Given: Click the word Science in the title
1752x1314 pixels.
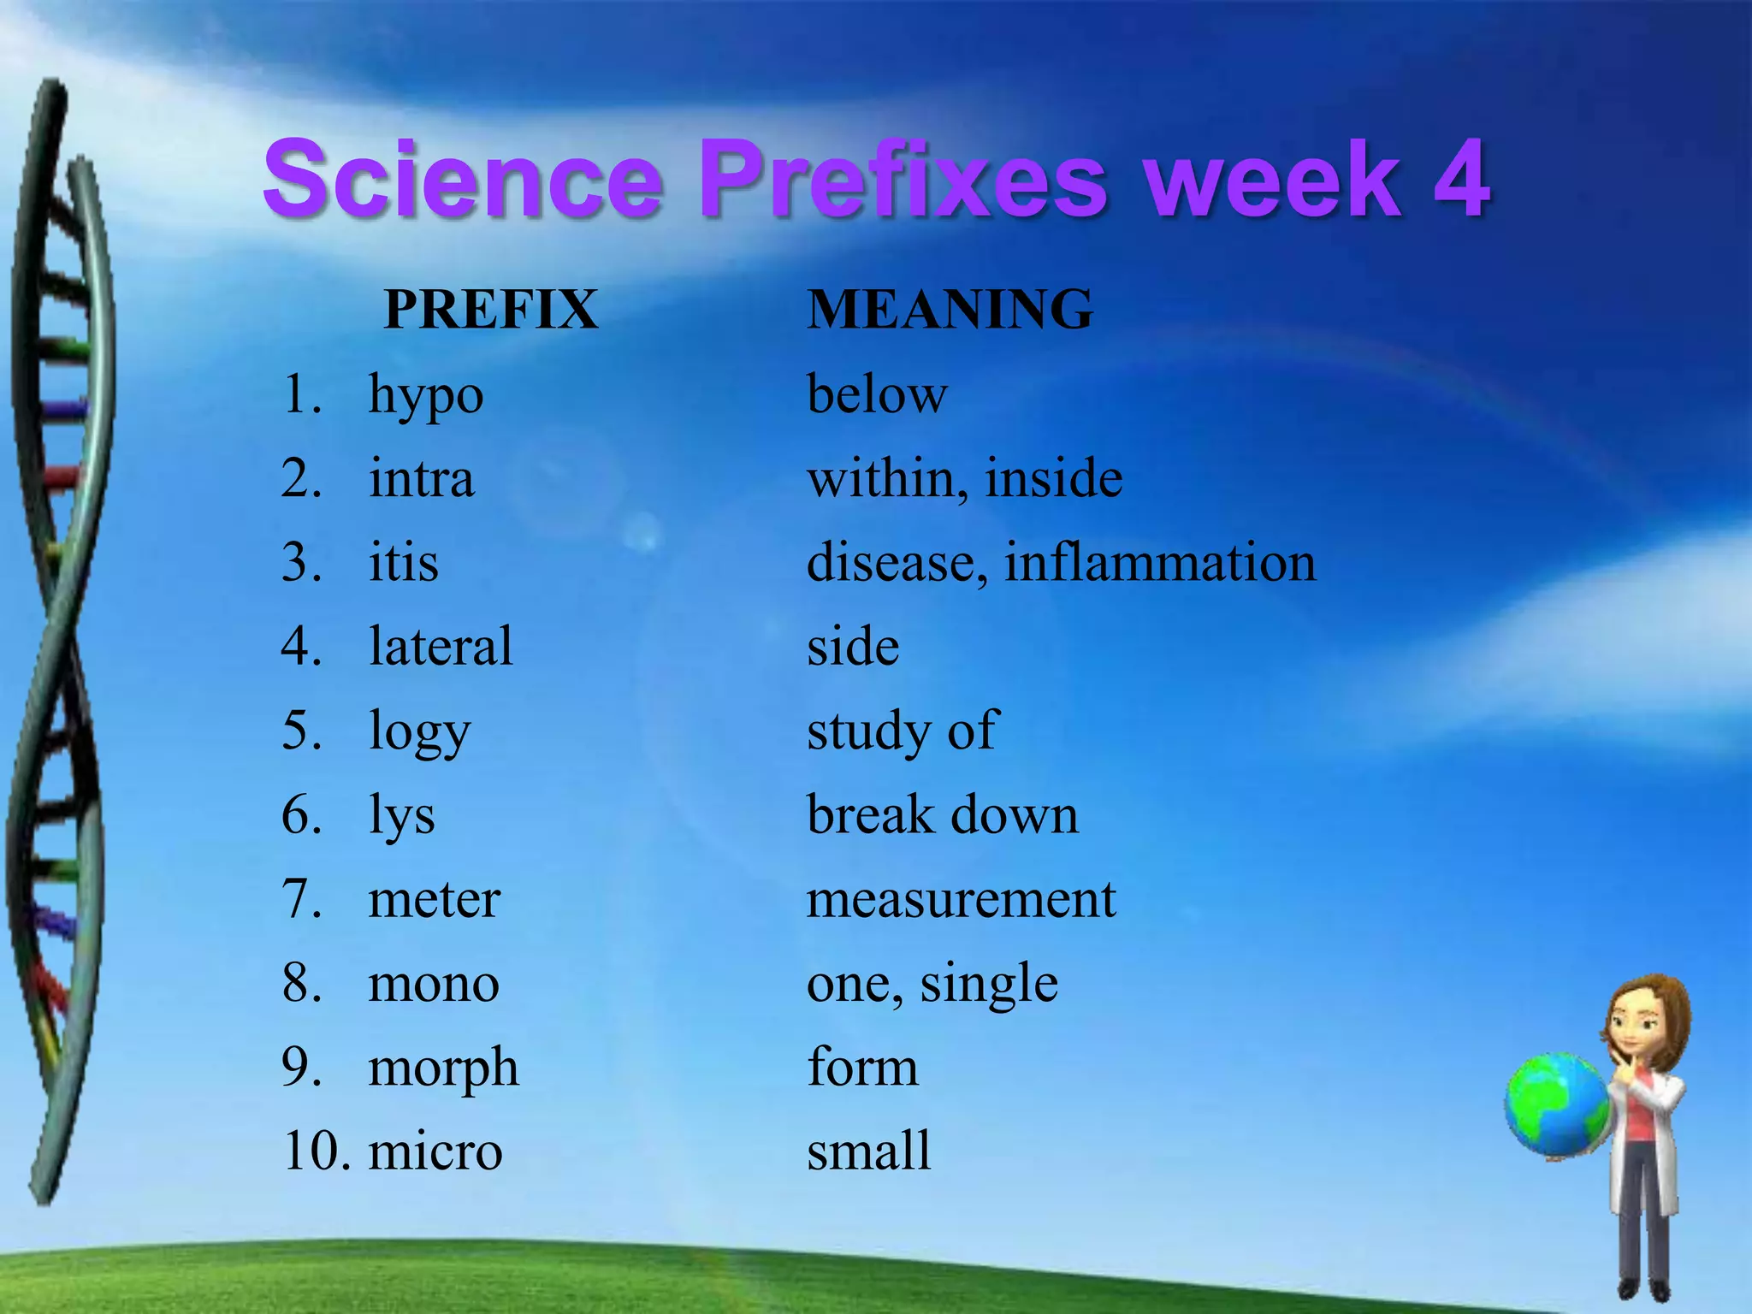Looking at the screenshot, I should pos(463,180).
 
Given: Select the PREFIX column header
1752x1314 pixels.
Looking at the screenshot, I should pos(490,309).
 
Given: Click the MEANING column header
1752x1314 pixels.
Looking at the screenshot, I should pos(950,309).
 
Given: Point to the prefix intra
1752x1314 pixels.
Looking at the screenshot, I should pos(421,478).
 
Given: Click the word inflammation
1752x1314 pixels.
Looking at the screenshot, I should pos(1160,563).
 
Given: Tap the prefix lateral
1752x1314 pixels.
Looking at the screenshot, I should pos(441,646).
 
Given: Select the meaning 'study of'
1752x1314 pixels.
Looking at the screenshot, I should pos(902,731).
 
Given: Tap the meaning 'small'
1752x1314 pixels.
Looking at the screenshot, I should pos(868,1151).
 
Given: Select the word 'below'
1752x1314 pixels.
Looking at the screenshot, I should pos(877,395).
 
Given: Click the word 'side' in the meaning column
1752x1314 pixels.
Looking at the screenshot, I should pos(853,646).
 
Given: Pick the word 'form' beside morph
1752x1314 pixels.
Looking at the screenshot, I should pos(862,1067).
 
